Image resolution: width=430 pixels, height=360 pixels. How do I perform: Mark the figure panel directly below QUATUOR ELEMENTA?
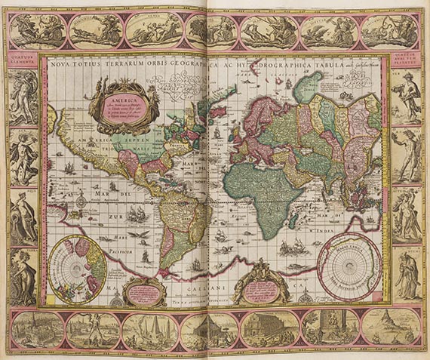coord(23,97)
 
